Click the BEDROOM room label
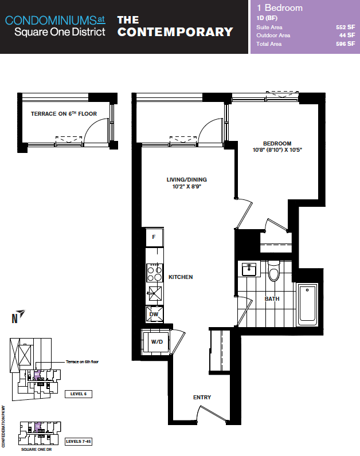[277, 144]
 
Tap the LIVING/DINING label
[186, 180]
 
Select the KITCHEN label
[181, 277]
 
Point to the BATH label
[272, 299]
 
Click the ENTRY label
[202, 398]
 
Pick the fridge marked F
[154, 237]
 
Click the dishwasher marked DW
[155, 314]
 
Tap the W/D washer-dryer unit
[156, 342]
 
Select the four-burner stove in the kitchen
[155, 273]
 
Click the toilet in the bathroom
[273, 271]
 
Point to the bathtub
[307, 304]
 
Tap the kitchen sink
[155, 293]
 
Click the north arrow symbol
[18, 317]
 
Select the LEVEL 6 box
[79, 394]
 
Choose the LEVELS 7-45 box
[79, 442]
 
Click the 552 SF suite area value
[346, 27]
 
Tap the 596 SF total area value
[346, 44]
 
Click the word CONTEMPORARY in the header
[175, 32]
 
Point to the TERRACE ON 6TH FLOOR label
[64, 113]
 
